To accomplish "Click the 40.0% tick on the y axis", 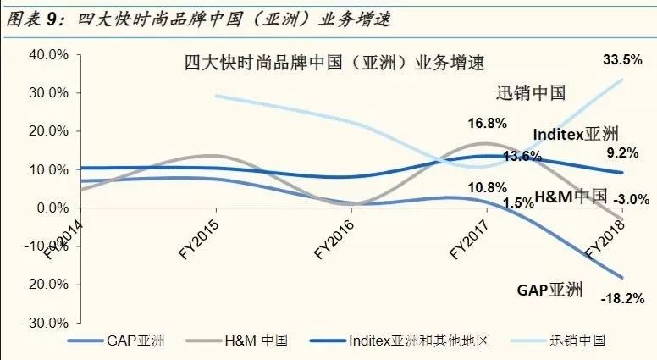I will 47,54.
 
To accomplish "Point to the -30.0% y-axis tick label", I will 44,323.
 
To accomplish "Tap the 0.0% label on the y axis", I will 51,208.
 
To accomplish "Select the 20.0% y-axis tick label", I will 47,131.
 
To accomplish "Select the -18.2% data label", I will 627,298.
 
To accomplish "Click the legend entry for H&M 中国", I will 253,341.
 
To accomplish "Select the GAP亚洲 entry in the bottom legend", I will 136,341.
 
